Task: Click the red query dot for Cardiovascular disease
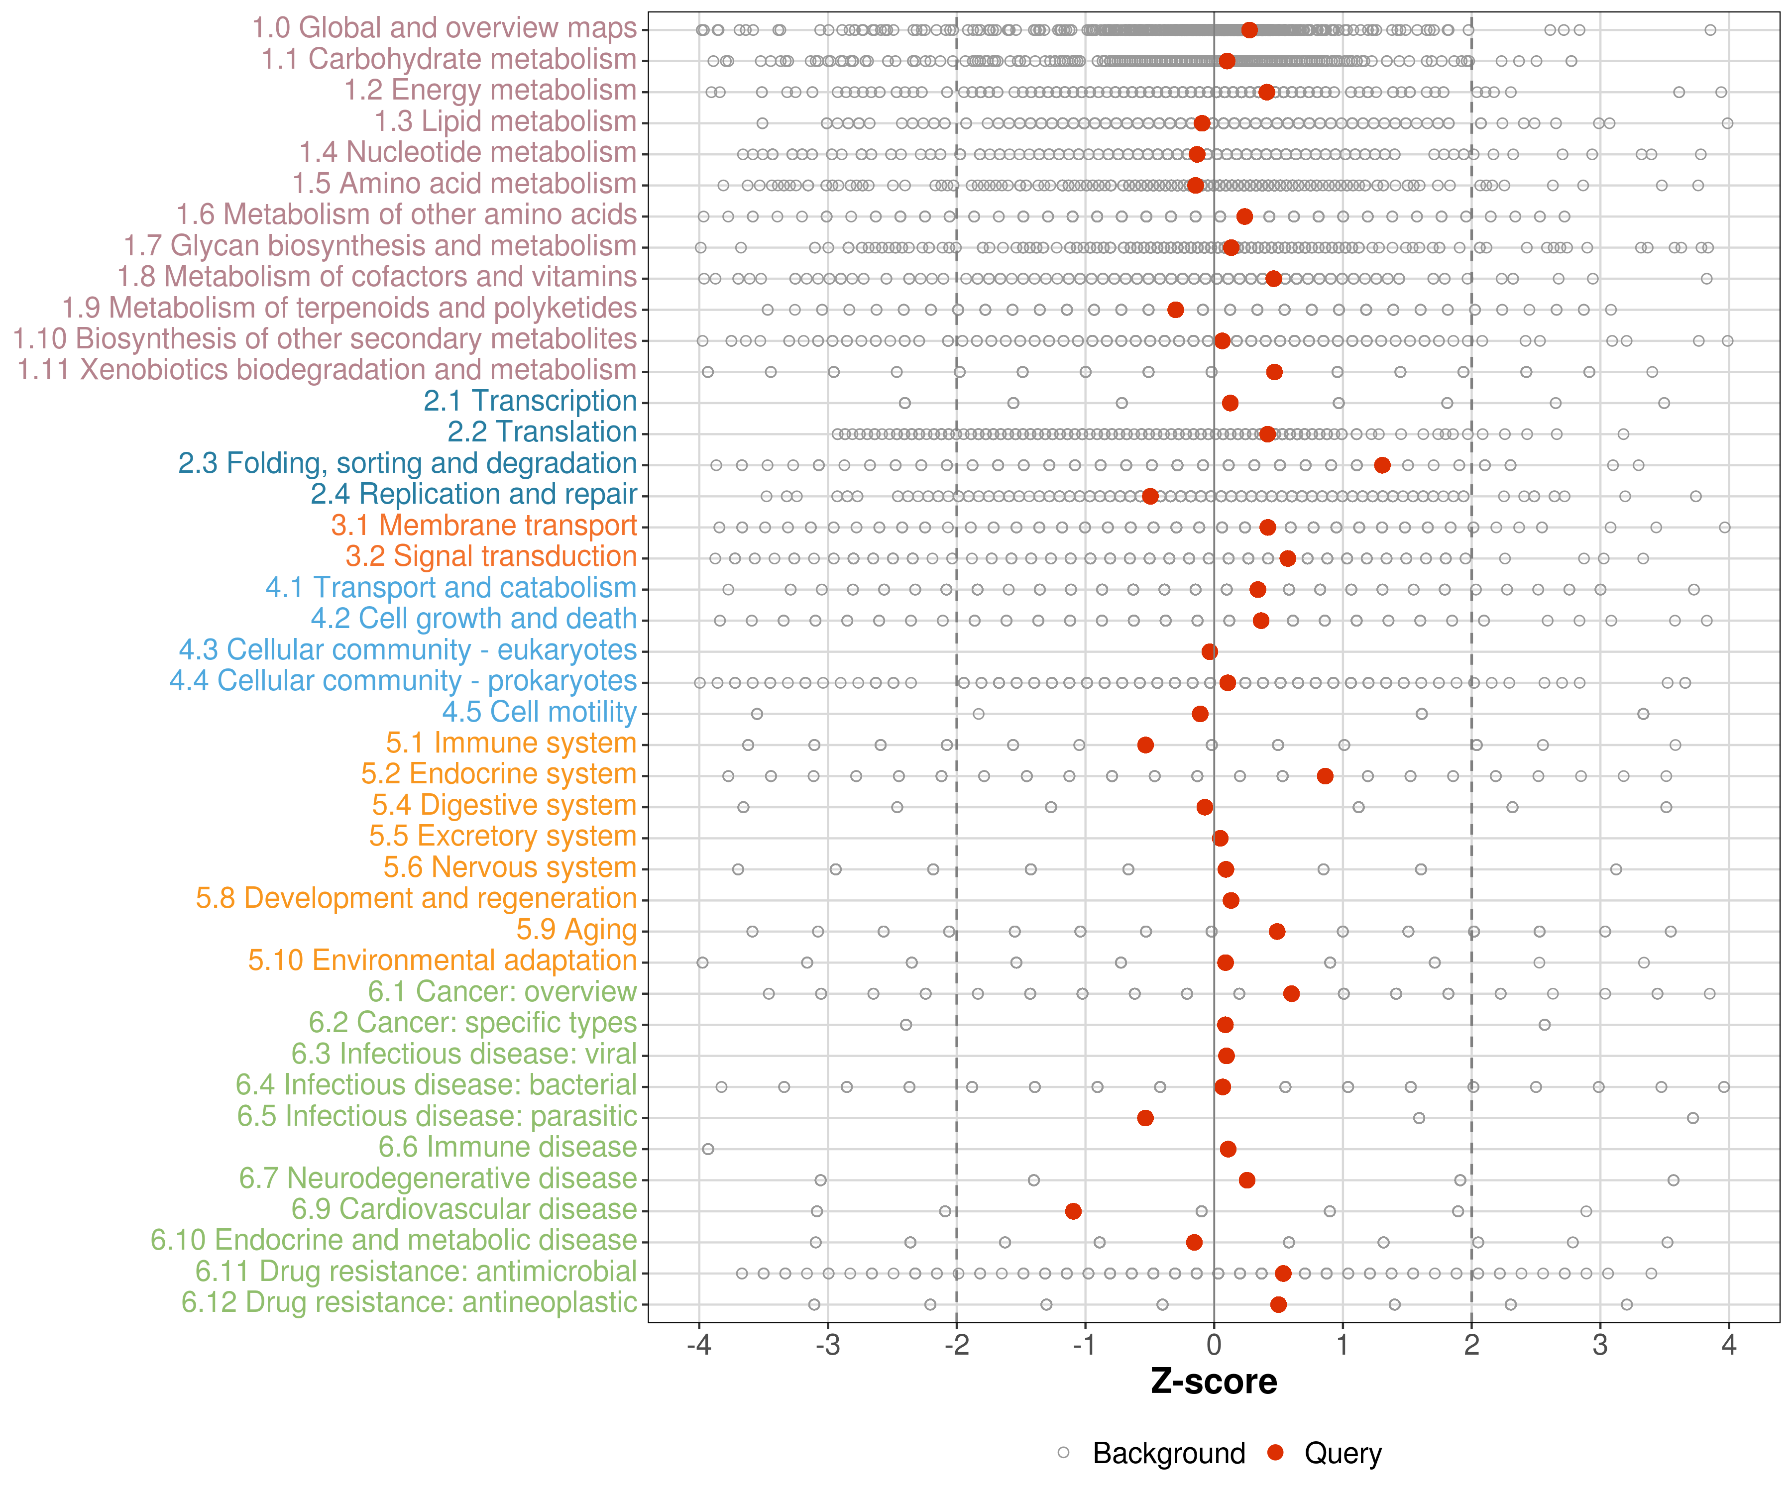point(1074,1211)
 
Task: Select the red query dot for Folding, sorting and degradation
point(1382,465)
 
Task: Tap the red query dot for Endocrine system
point(1325,775)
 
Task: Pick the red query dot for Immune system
point(1145,745)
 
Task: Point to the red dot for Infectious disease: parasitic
point(1145,1118)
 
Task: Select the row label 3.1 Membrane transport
point(484,526)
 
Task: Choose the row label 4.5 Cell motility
point(539,712)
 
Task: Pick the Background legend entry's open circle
point(1063,1452)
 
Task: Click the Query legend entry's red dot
point(1276,1452)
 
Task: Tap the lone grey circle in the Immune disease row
point(707,1149)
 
